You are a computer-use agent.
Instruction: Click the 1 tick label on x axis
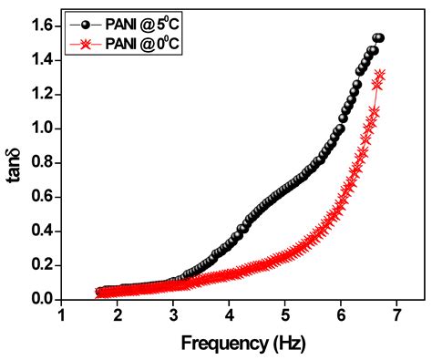coord(62,315)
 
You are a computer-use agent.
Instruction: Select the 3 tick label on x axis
coord(173,315)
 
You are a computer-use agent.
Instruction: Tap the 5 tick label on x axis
coord(285,315)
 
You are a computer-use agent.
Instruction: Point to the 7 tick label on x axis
coord(396,315)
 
